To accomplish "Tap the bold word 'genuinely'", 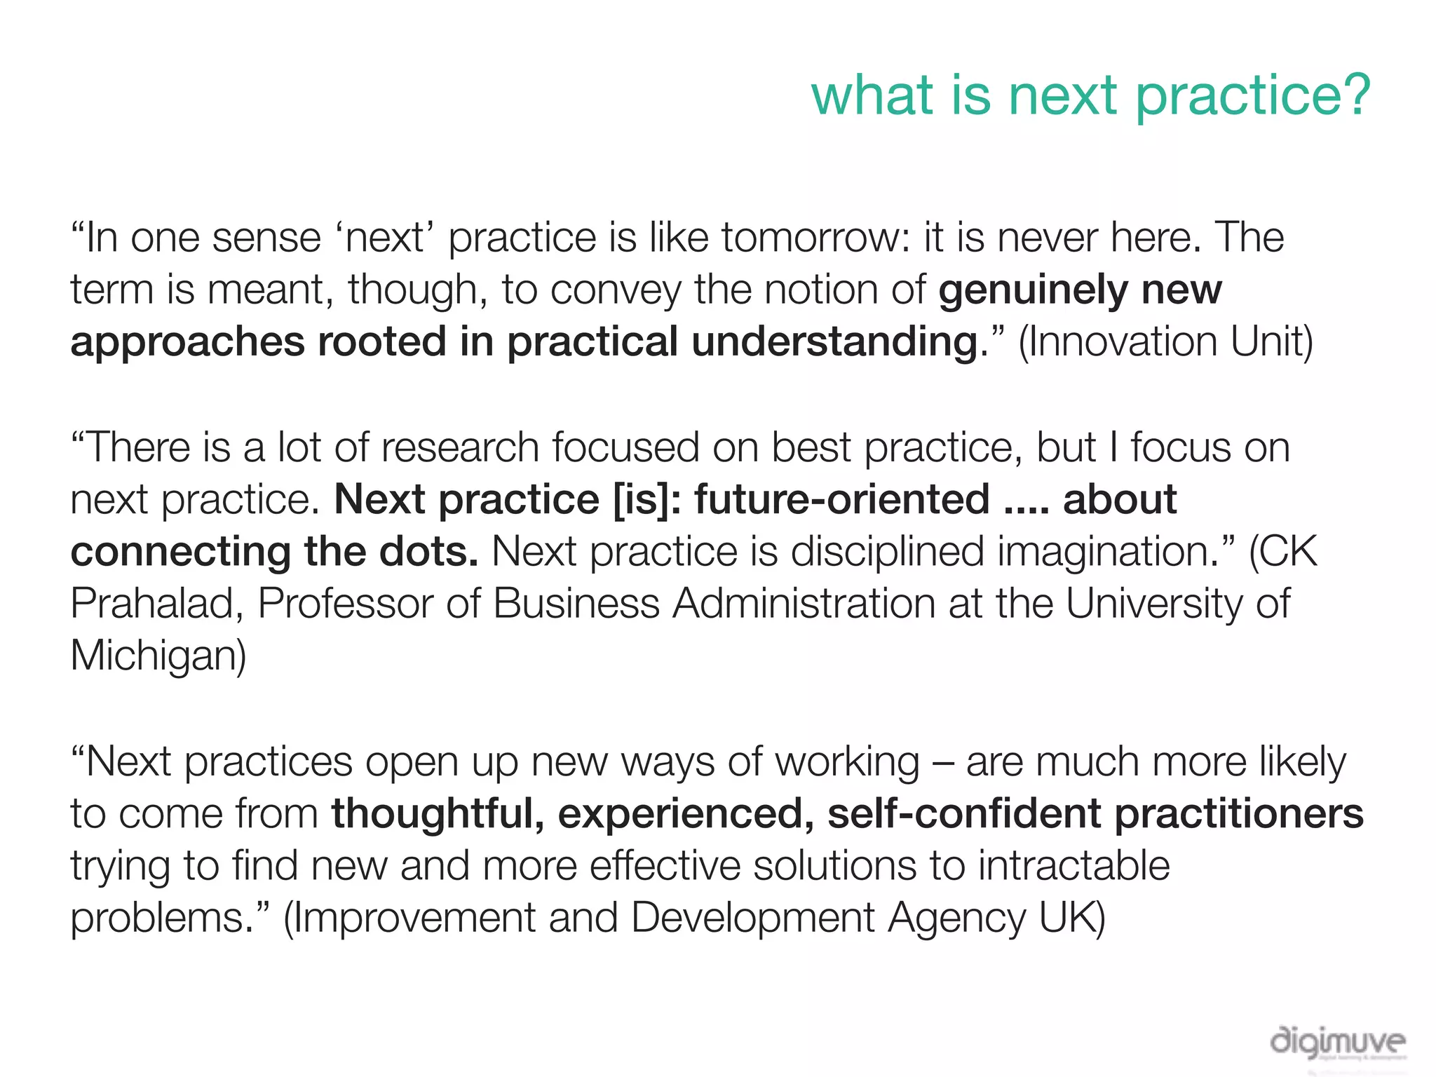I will tap(1033, 290).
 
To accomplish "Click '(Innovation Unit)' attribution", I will tap(1165, 342).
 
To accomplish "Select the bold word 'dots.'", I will tap(430, 551).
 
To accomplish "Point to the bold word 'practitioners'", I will tap(1239, 813).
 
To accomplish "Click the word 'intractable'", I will tap(1073, 865).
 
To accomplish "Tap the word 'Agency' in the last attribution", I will tap(957, 917).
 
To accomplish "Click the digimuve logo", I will tap(1337, 1043).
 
